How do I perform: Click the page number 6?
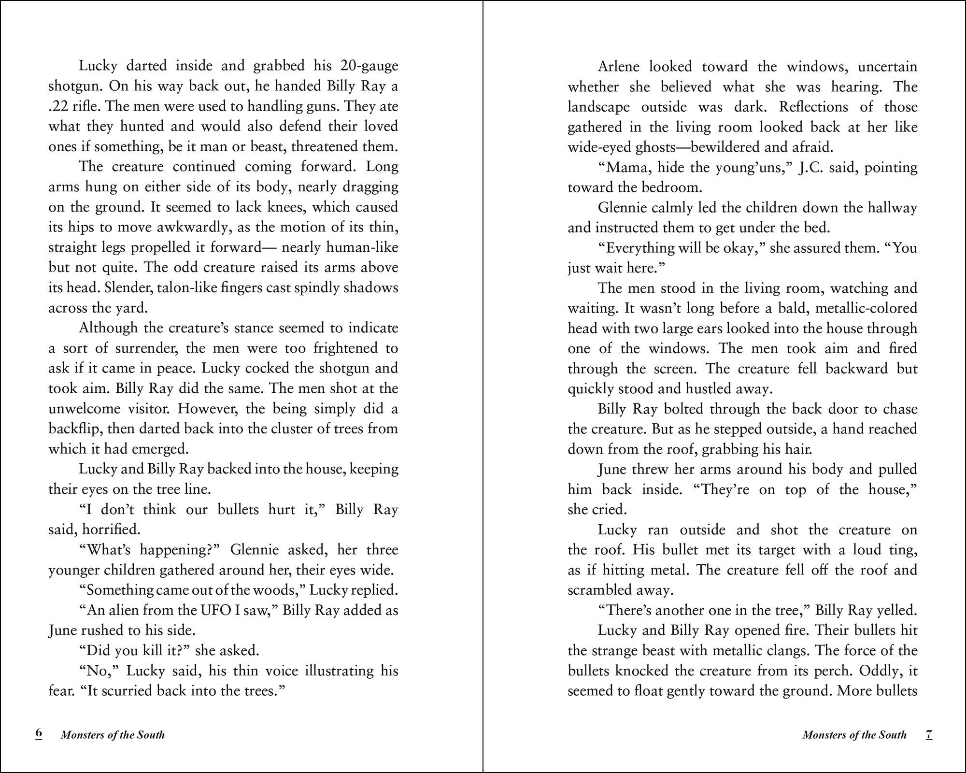[39, 734]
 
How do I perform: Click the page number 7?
[929, 734]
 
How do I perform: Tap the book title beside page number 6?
[113, 735]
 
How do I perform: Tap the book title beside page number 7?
[854, 735]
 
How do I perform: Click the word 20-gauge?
[369, 66]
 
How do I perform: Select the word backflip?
[75, 429]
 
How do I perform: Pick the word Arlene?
[619, 66]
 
